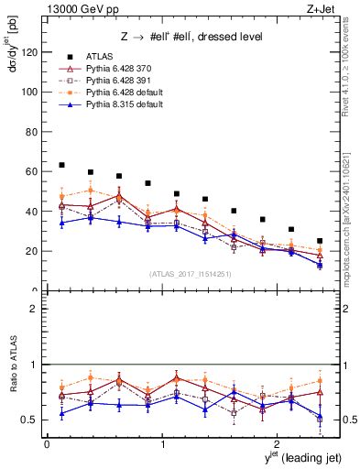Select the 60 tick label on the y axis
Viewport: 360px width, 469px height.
[33, 171]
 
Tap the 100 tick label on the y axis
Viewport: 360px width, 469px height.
[30, 92]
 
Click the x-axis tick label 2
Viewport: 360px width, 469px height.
[278, 444]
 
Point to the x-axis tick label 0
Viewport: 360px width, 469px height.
[47, 444]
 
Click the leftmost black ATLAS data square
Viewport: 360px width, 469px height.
[61, 165]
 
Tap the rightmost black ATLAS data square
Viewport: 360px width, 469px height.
[320, 241]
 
